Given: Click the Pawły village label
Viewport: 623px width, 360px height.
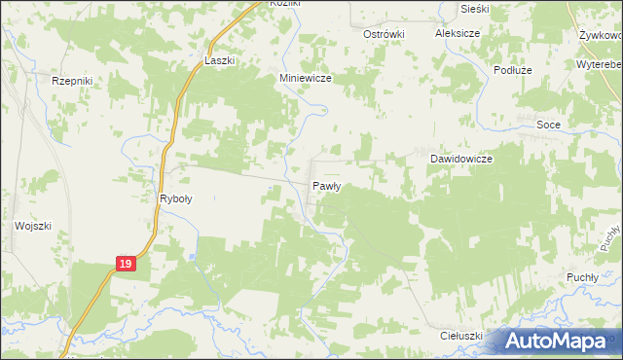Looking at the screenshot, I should [325, 185].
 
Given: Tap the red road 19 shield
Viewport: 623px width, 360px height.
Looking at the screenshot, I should [125, 264].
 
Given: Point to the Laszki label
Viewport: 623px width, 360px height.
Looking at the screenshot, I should [220, 59].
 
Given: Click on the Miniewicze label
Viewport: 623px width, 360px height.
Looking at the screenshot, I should [308, 79].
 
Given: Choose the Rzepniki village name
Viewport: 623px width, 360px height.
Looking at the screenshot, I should [71, 82].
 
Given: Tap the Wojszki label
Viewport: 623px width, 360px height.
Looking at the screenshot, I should [32, 225].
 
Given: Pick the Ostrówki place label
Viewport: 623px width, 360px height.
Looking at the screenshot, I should [383, 33].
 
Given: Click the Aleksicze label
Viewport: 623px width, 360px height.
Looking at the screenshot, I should [459, 33].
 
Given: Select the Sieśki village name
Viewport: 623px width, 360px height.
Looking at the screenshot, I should [476, 9].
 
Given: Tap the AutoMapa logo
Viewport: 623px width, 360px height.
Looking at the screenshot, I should [561, 341].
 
